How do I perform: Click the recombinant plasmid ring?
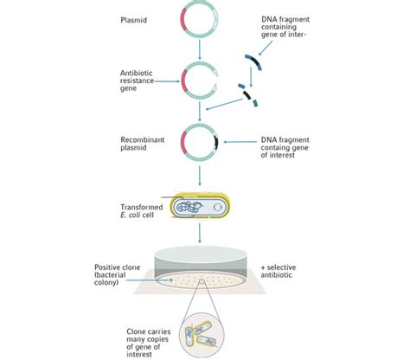pos(200,142)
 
